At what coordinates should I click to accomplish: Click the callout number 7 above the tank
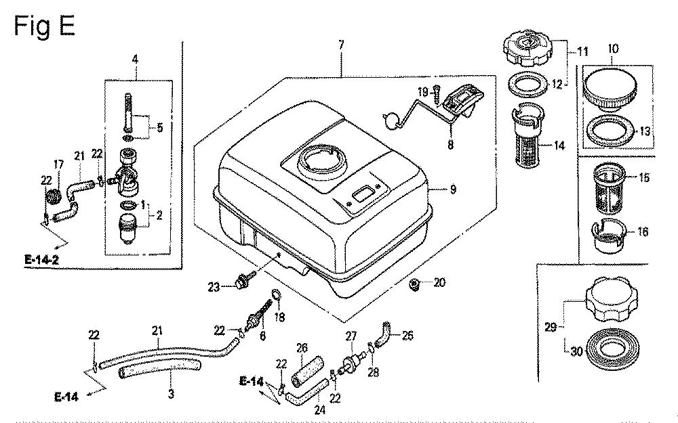click(x=341, y=45)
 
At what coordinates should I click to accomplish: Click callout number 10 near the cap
click(x=612, y=48)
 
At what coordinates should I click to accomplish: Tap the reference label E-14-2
click(x=43, y=259)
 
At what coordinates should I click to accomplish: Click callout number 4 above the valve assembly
click(x=135, y=60)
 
